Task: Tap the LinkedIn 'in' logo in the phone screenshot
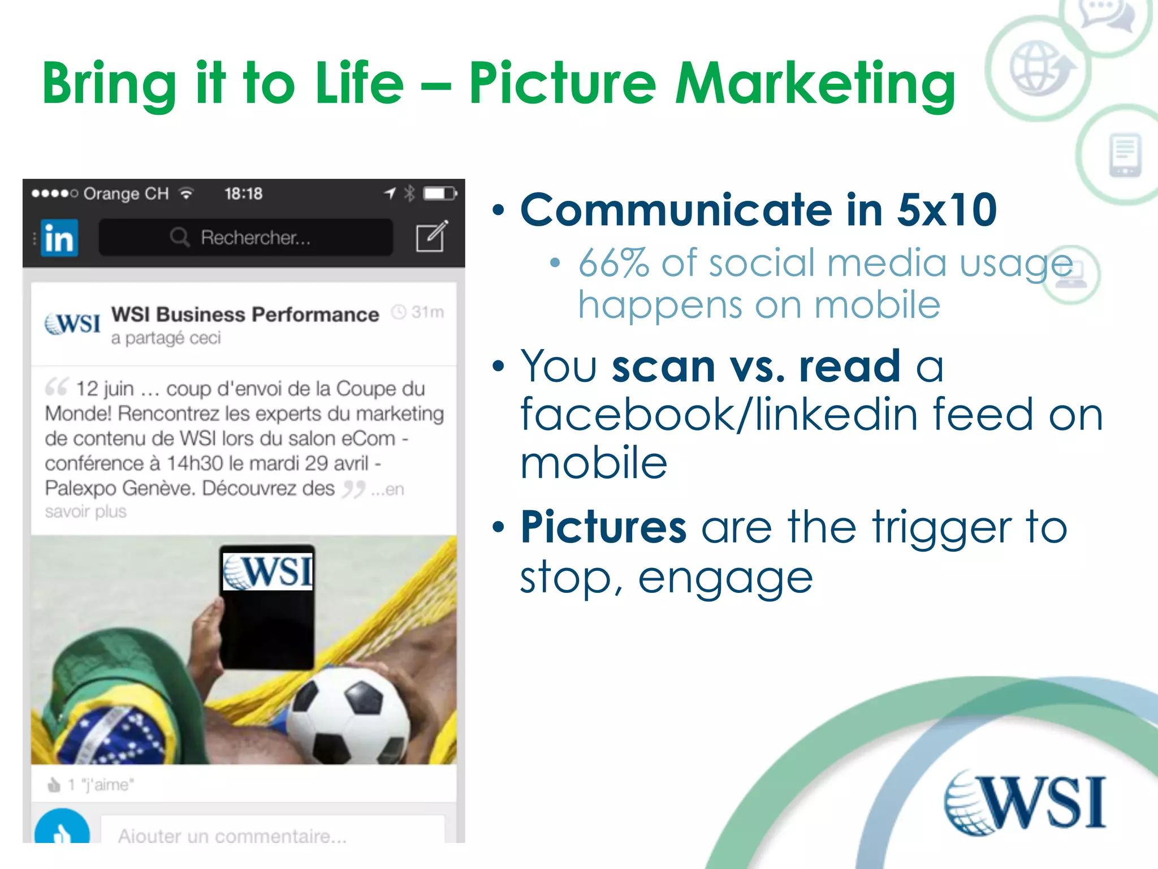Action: [x=59, y=238]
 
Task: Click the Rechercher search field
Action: [x=246, y=238]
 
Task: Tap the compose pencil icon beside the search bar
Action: [x=431, y=236]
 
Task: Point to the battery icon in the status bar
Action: [x=439, y=193]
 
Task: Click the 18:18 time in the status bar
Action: [x=243, y=194]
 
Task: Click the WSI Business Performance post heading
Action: [x=245, y=315]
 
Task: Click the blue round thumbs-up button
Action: [x=62, y=829]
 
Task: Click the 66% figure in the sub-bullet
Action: [x=613, y=264]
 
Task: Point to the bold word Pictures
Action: [x=603, y=527]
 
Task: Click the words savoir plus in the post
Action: [x=86, y=512]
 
